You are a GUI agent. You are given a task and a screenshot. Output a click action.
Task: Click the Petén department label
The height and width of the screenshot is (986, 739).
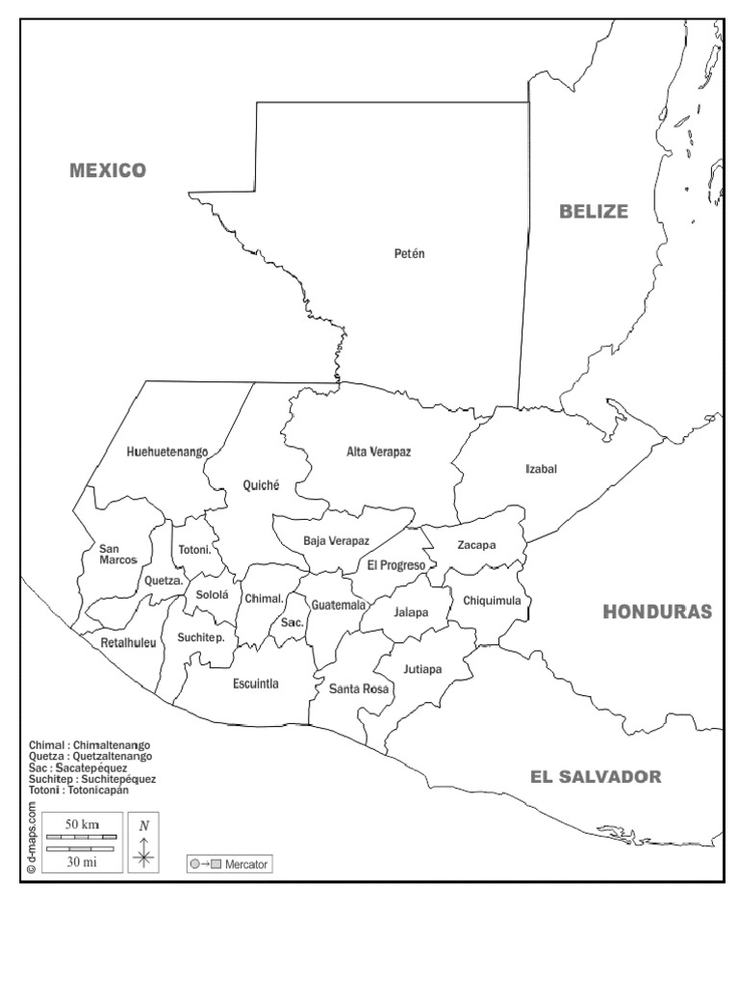409,254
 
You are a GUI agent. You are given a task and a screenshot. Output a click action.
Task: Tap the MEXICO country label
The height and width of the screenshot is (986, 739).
108,170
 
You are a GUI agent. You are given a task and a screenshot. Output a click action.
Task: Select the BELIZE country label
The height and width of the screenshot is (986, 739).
594,212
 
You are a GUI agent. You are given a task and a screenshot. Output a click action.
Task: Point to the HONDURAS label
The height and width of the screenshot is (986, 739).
657,611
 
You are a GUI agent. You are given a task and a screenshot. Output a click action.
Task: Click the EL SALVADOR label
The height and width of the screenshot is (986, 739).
596,777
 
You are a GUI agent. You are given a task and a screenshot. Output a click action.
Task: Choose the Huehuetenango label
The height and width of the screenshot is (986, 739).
167,451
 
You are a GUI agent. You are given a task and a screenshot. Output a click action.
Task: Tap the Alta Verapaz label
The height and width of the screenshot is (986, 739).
379,451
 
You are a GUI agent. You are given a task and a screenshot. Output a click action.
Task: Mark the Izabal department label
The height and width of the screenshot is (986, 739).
541,469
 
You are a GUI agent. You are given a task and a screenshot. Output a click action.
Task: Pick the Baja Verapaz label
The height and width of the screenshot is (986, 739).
336,541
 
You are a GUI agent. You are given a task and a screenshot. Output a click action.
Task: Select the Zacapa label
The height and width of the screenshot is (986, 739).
476,545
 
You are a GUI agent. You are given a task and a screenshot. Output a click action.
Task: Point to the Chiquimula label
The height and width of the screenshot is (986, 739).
492,601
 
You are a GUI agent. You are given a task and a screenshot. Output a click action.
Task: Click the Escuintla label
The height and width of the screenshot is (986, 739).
256,684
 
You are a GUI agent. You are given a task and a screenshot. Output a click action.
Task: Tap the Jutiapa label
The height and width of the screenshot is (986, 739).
422,668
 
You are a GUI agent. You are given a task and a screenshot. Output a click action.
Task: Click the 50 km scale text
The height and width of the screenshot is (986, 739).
83,824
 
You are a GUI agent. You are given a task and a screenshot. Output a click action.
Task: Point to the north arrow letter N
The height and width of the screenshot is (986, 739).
143,825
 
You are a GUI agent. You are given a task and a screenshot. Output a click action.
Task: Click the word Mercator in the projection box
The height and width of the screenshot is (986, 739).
247,865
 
